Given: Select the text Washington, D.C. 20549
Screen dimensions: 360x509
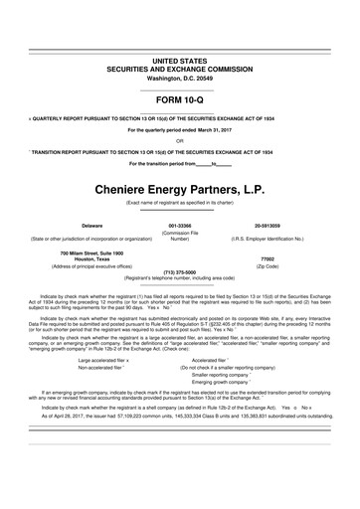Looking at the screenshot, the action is pos(179,78).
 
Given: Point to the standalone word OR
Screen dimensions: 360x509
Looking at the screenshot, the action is pos(179,141).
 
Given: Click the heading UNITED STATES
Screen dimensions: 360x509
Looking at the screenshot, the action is pos(179,61).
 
